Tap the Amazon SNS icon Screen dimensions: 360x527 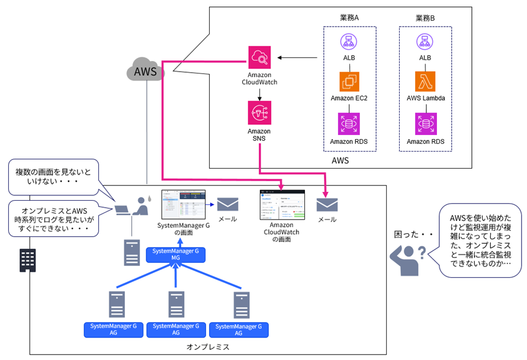260,112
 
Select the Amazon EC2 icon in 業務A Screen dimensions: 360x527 349,82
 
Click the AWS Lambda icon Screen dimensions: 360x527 425,82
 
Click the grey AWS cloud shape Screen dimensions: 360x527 146,72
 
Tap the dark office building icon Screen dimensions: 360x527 27,258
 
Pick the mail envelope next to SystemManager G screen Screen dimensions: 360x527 227,204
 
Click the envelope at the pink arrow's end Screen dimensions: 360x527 327,204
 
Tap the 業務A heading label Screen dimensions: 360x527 348,18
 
